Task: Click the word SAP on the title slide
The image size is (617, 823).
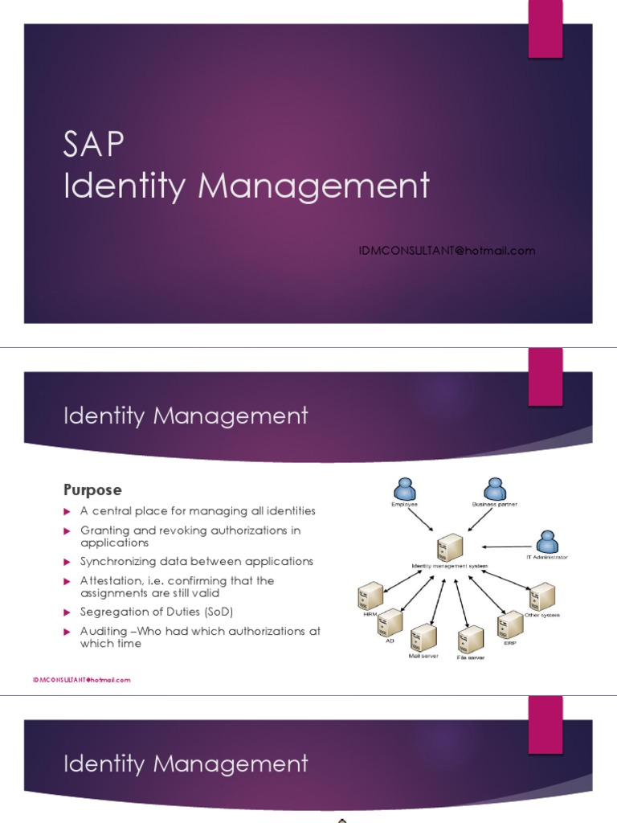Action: click(x=94, y=146)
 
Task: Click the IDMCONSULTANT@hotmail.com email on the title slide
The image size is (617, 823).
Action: click(x=447, y=251)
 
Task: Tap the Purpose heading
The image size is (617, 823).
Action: click(x=92, y=489)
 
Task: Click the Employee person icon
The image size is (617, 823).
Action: click(x=404, y=489)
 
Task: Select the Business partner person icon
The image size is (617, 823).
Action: click(x=495, y=489)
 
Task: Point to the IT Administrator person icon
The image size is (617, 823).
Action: click(x=548, y=542)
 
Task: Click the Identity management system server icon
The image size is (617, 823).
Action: click(x=449, y=548)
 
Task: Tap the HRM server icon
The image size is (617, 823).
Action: click(x=370, y=596)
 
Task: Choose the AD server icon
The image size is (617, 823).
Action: click(x=390, y=621)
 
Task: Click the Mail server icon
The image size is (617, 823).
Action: click(x=423, y=638)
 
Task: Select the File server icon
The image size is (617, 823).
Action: click(x=470, y=639)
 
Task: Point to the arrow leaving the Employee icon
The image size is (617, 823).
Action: click(x=423, y=519)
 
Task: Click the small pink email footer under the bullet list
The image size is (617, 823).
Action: click(x=81, y=680)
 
